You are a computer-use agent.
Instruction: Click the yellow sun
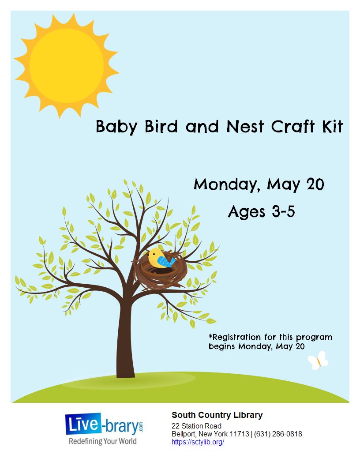click(67, 66)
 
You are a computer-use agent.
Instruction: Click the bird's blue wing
click(166, 262)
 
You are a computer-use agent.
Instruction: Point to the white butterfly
click(318, 361)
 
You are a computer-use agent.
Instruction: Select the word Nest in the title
click(245, 127)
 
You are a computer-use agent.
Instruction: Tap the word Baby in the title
click(116, 127)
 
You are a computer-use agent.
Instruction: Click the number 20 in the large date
click(315, 184)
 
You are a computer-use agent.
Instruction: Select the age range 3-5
click(283, 212)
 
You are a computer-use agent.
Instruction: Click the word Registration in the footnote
click(235, 337)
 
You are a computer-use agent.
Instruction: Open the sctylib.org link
click(198, 442)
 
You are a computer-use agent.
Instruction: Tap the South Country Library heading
click(217, 415)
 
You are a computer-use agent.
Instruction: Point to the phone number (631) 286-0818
click(278, 434)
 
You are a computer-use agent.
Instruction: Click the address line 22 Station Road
click(196, 426)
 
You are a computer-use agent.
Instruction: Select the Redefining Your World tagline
click(103, 441)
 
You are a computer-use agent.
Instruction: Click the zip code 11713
click(240, 434)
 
